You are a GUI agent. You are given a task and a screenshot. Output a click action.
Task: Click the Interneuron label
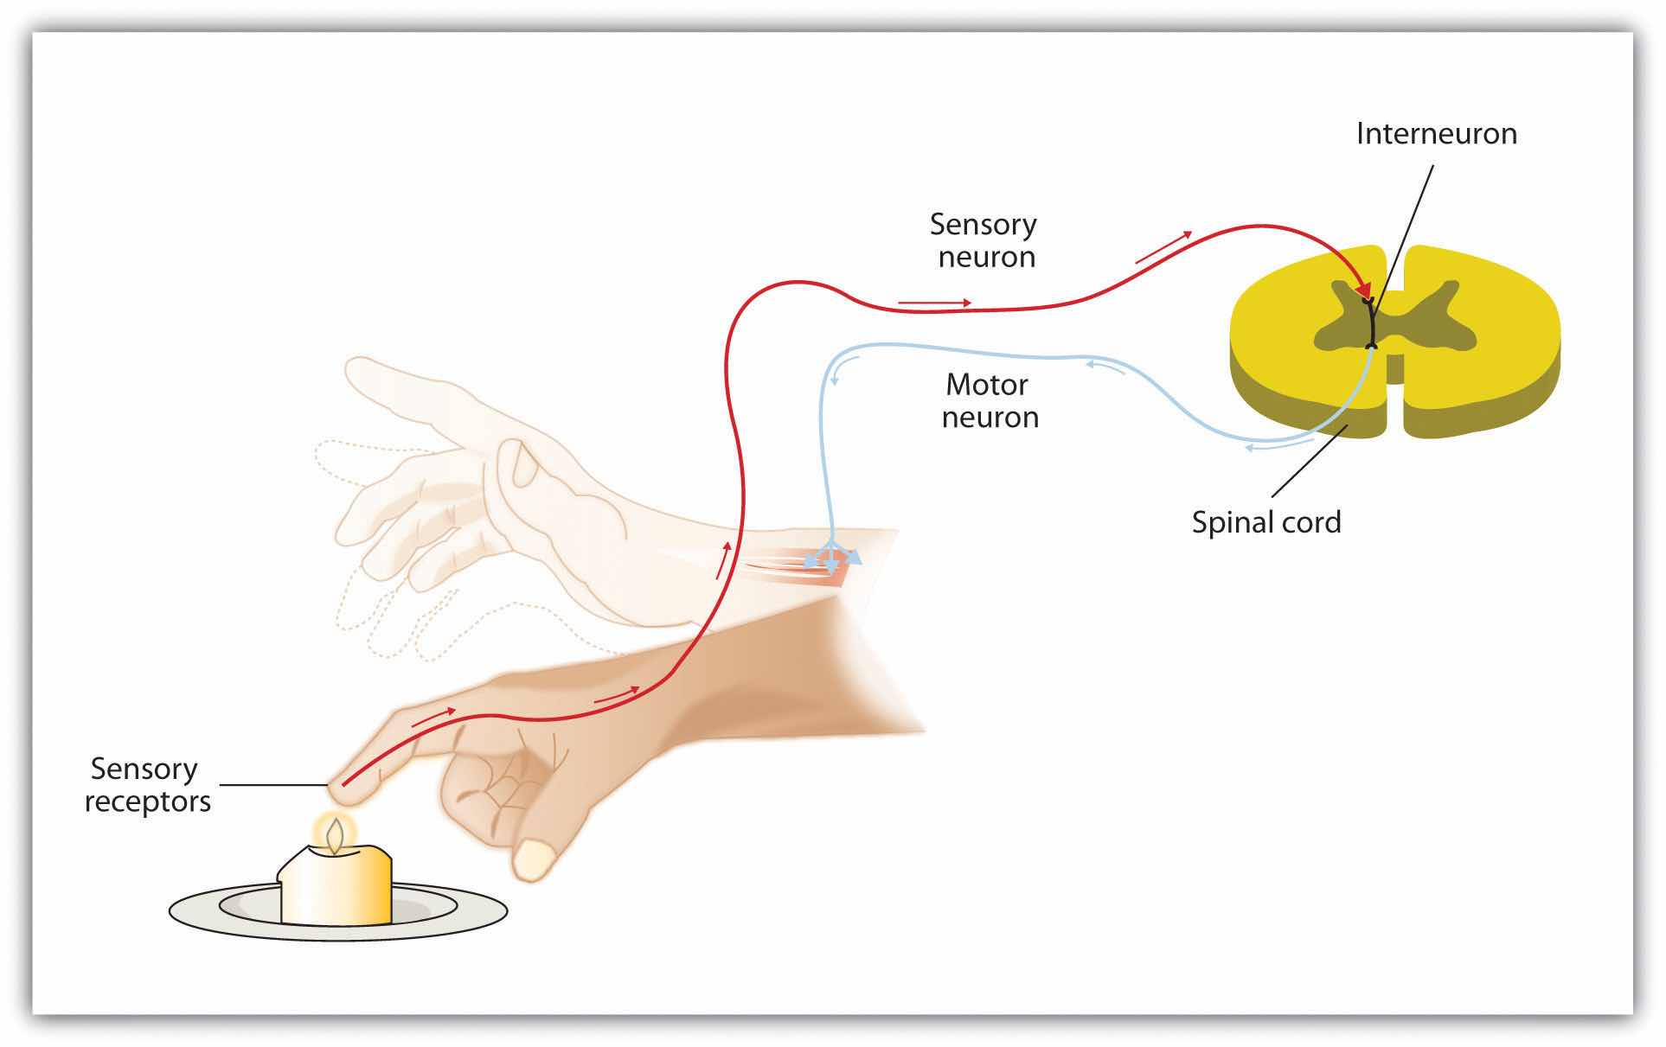[1436, 134]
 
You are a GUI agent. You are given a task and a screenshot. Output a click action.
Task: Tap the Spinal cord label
[1266, 522]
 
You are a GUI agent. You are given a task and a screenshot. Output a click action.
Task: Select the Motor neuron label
[989, 400]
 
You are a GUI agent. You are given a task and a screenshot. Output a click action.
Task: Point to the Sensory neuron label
[984, 240]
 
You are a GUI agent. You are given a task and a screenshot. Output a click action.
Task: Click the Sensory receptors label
[147, 785]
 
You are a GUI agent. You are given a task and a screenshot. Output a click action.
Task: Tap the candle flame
[335, 834]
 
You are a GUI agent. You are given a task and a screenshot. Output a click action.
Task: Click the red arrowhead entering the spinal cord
[1363, 288]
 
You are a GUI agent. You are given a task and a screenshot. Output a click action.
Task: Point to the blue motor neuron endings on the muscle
[831, 560]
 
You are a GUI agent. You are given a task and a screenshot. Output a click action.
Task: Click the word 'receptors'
[147, 801]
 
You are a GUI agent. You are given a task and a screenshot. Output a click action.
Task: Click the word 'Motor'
[987, 384]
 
